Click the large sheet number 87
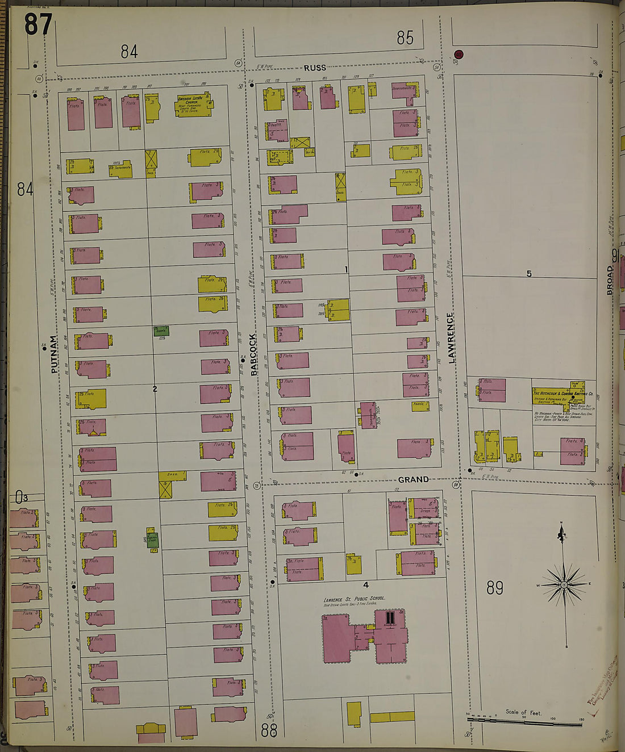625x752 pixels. pyautogui.click(x=38, y=24)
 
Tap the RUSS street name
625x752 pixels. pyautogui.click(x=315, y=68)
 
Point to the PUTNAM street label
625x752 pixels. pyautogui.click(x=55, y=354)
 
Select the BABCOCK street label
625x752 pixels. pyautogui.click(x=254, y=354)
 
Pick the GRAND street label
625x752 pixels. pyautogui.click(x=413, y=479)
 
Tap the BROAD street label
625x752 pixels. pyautogui.click(x=610, y=279)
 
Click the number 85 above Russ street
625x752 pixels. pyautogui.click(x=405, y=38)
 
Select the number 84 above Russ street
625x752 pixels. pyautogui.click(x=129, y=52)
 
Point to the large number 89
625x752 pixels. pyautogui.click(x=494, y=587)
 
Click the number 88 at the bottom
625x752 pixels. pyautogui.click(x=269, y=730)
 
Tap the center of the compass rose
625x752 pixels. pyautogui.click(x=564, y=584)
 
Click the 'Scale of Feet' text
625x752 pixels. pyautogui.click(x=523, y=712)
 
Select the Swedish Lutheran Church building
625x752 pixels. pyautogui.click(x=193, y=105)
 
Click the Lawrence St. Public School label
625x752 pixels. pyautogui.click(x=354, y=599)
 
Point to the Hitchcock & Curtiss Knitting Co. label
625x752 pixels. pyautogui.click(x=562, y=393)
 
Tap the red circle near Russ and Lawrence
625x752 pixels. pyautogui.click(x=459, y=55)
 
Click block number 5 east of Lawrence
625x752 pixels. pyautogui.click(x=529, y=274)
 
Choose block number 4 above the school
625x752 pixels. pyautogui.click(x=366, y=584)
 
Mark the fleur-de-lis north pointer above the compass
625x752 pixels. pyautogui.click(x=562, y=532)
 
